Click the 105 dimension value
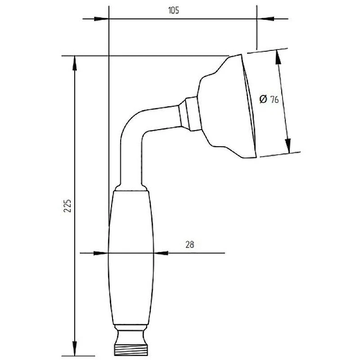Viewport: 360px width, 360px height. tap(174, 10)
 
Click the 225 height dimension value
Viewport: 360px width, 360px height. tap(67, 206)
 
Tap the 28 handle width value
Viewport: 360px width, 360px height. tap(189, 245)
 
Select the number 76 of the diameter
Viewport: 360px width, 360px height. tap(274, 99)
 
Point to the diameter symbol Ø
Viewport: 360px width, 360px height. tap(263, 99)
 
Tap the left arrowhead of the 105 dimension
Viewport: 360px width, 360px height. tap(101, 19)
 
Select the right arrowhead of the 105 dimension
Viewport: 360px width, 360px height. tap(265, 19)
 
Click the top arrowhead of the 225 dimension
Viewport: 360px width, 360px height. tap(74, 63)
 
